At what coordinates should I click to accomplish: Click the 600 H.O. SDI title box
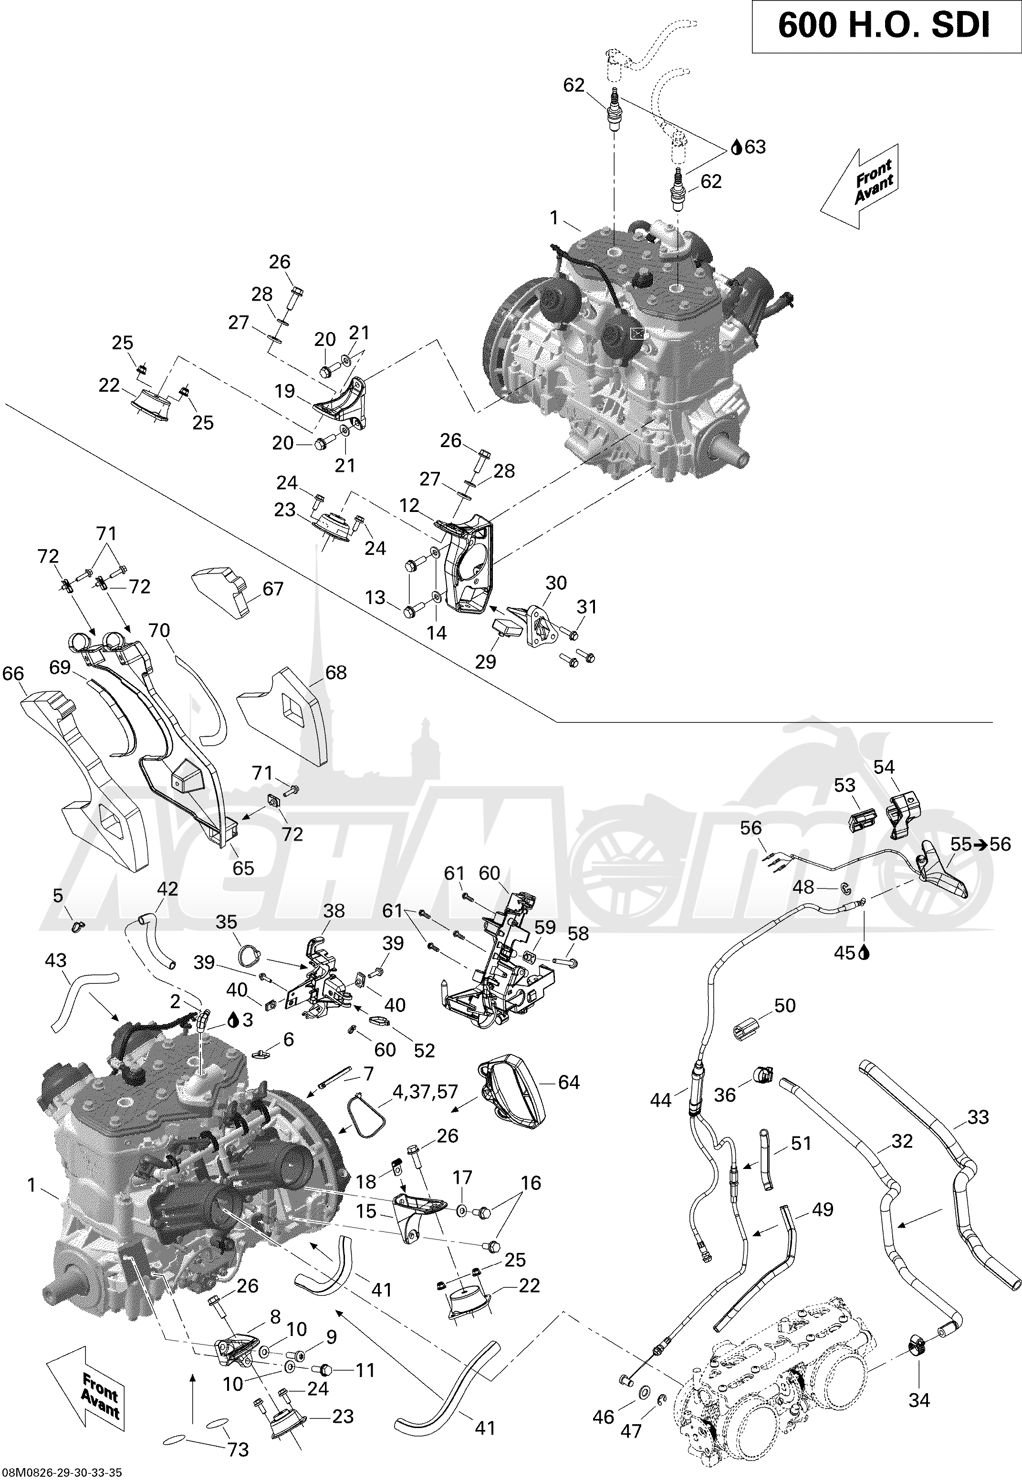[x=884, y=26]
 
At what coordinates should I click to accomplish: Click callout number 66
[x=13, y=674]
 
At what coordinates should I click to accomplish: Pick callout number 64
[x=569, y=1082]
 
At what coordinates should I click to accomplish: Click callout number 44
[x=660, y=1100]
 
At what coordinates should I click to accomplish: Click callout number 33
[x=978, y=1116]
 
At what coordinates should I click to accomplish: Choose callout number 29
[x=485, y=661]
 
